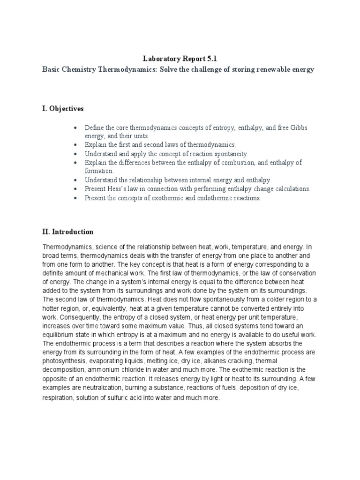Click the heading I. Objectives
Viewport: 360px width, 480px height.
click(63, 109)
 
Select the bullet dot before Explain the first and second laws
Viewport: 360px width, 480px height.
click(75, 145)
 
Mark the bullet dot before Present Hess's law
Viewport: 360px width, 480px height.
click(75, 189)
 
